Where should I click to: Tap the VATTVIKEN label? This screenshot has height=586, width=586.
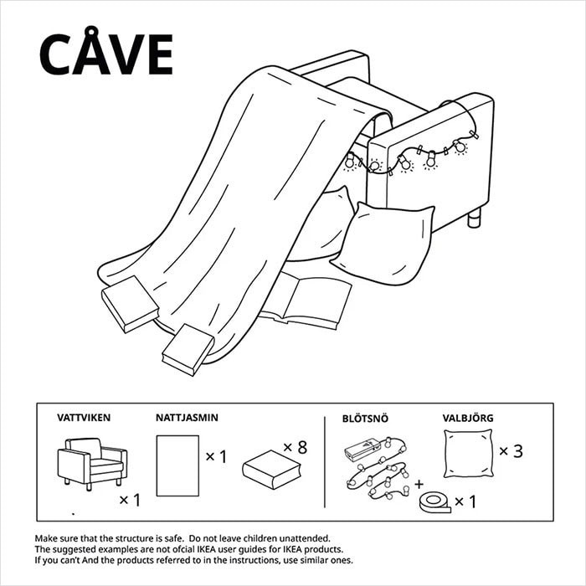[x=84, y=416]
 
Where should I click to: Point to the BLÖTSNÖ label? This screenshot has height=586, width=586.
[x=366, y=416]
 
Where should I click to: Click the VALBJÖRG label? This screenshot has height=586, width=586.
[x=469, y=416]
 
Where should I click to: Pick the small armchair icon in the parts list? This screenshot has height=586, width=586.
[x=91, y=461]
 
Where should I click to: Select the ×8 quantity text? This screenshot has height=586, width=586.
[x=295, y=448]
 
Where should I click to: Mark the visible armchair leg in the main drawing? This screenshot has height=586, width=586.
[x=475, y=218]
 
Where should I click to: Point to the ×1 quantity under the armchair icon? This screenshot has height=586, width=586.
[x=130, y=501]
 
